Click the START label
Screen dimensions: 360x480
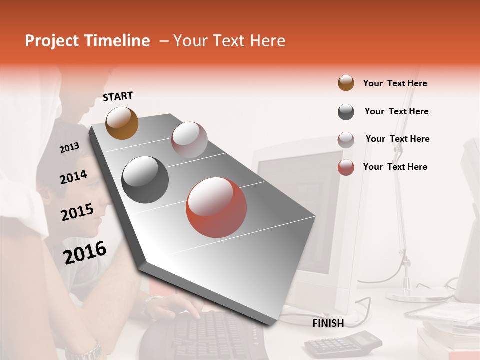118,96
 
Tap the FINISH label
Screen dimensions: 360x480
328,323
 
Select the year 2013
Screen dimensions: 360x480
70,148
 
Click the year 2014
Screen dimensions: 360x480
74,177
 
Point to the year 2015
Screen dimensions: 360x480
77,212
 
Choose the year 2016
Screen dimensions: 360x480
85,253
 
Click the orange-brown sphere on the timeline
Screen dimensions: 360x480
122,123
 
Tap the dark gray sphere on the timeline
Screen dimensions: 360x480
145,179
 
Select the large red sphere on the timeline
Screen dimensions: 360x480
216,207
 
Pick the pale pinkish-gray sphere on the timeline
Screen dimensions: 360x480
189,140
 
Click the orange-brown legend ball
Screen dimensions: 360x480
346,83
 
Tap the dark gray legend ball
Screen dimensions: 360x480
346,112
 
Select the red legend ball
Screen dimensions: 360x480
346,167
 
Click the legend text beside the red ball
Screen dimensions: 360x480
395,167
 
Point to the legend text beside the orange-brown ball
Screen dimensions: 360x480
395,83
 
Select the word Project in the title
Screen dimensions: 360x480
52,41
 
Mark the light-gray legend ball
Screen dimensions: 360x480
346,140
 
